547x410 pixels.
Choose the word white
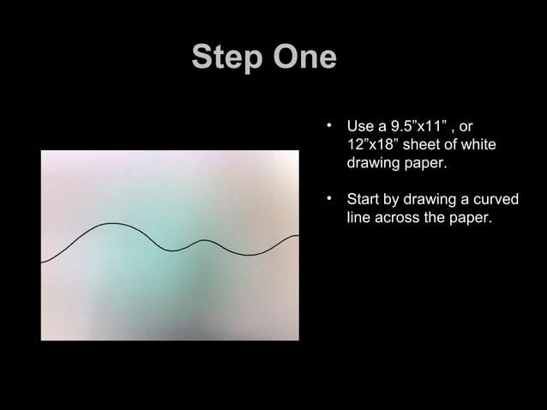(x=479, y=144)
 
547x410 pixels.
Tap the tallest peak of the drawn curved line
(x=111, y=224)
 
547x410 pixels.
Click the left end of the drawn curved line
(x=42, y=262)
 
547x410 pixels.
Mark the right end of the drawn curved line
(x=298, y=236)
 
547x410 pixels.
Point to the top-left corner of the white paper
(x=42, y=152)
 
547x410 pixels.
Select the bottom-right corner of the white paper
(x=298, y=340)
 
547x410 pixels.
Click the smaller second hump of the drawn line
(x=204, y=241)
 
